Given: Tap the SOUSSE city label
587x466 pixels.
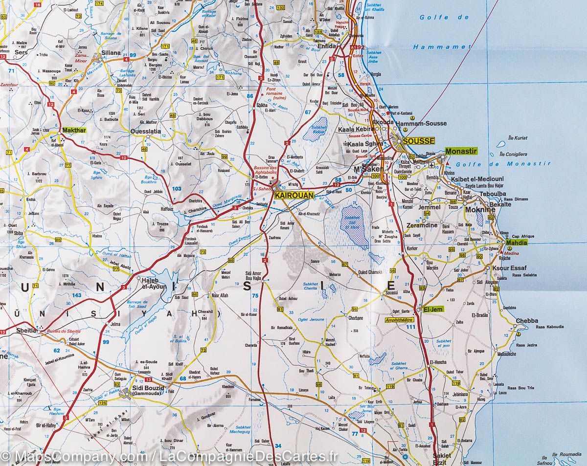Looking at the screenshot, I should [x=416, y=141].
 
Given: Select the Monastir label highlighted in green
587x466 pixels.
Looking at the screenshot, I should [x=461, y=152].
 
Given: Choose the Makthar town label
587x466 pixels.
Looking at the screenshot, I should [x=74, y=131].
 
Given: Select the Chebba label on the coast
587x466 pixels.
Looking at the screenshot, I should [x=526, y=321].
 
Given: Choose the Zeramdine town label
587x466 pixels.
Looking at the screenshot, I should [x=420, y=225].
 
